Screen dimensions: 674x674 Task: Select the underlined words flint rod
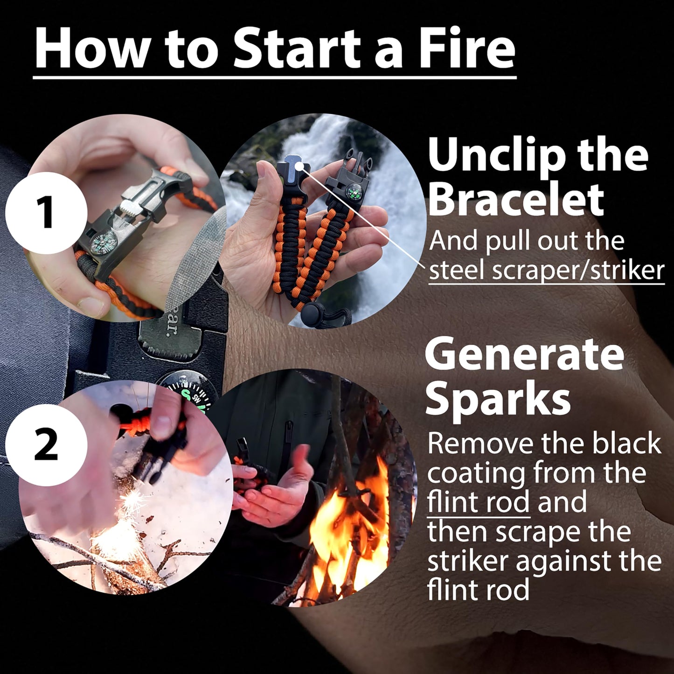478,502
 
